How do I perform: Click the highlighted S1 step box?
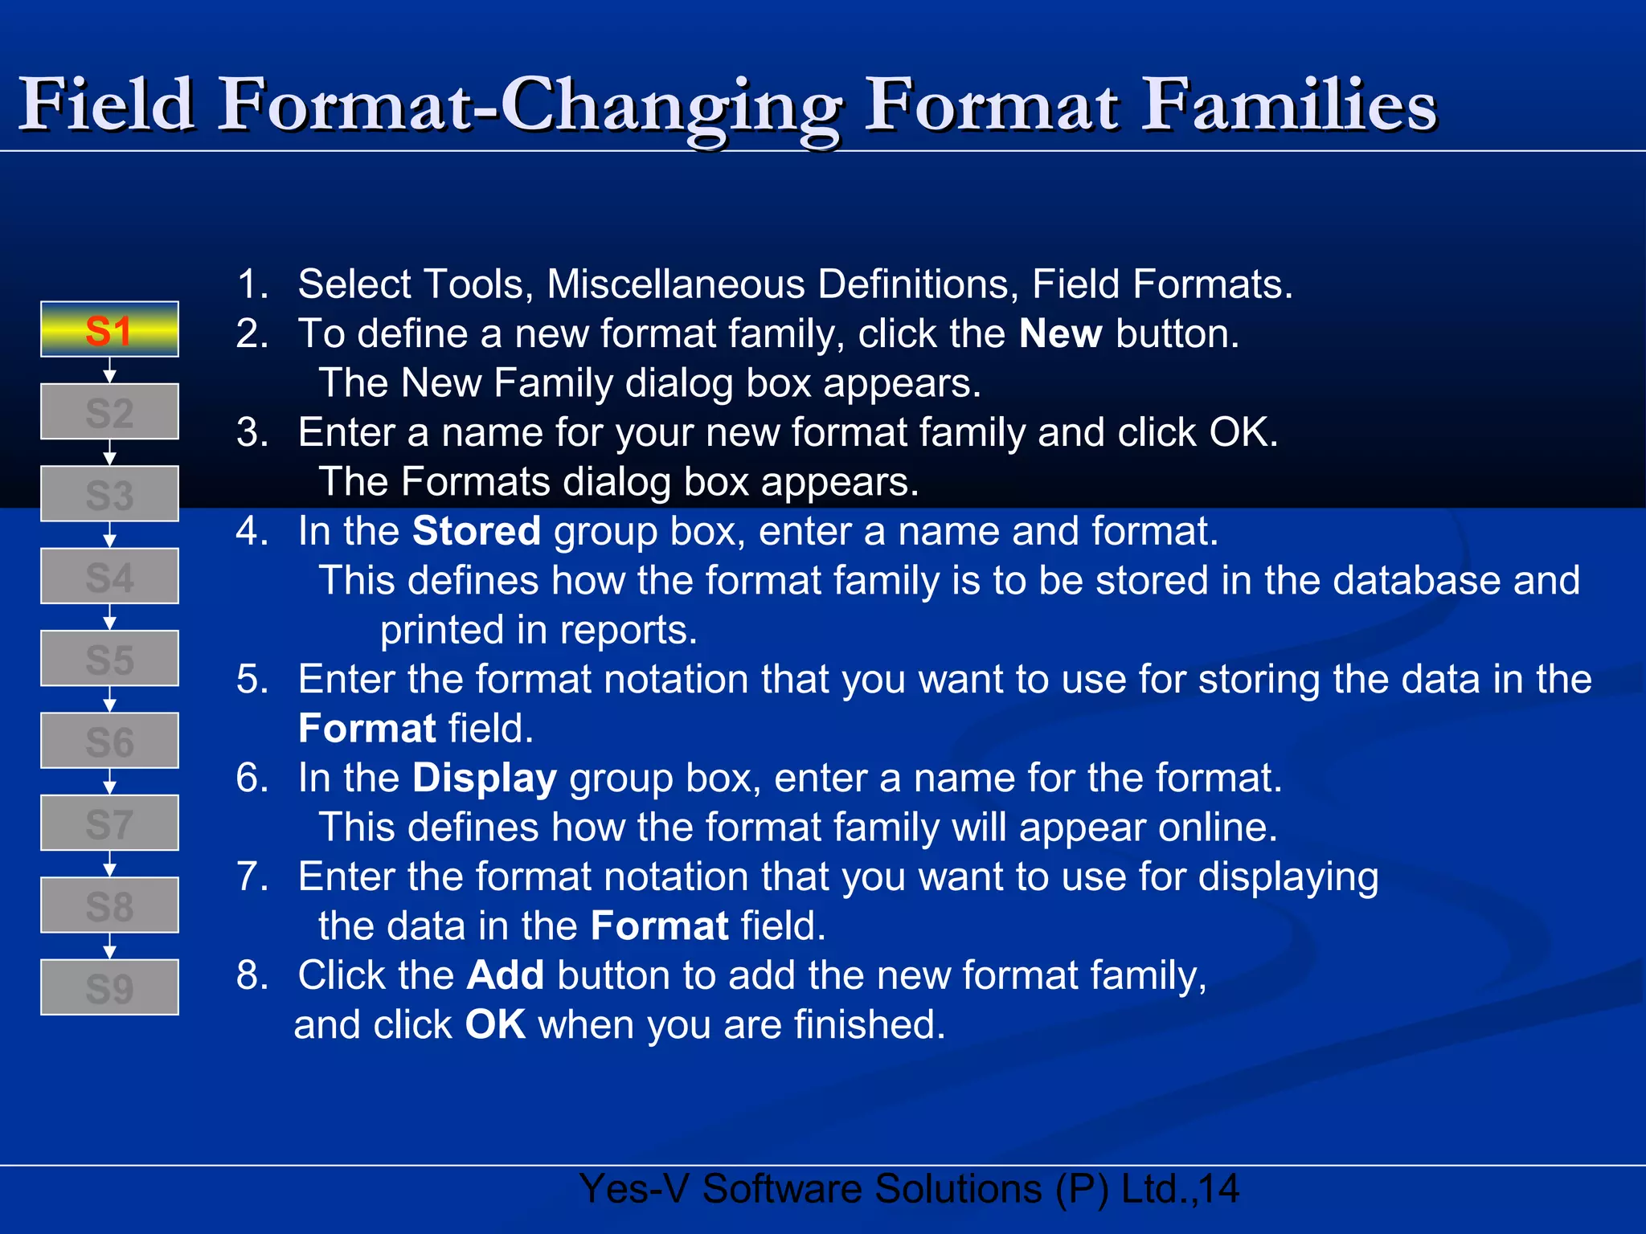coord(109,329)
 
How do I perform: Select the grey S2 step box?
coord(109,412)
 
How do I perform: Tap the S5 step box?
coord(109,659)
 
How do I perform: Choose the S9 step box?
coord(109,987)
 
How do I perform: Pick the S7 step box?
coord(109,823)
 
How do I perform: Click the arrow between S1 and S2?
coord(110,370)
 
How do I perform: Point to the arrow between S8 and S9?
coord(110,946)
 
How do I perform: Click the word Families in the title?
coord(1289,105)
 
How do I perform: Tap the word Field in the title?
coord(107,105)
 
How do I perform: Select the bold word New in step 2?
coord(1060,334)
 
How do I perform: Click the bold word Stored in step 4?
coord(476,532)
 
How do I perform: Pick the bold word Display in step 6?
coord(484,778)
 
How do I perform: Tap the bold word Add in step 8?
coord(505,976)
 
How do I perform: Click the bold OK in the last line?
coord(495,1025)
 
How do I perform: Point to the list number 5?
coord(252,680)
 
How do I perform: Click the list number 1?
coord(252,284)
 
